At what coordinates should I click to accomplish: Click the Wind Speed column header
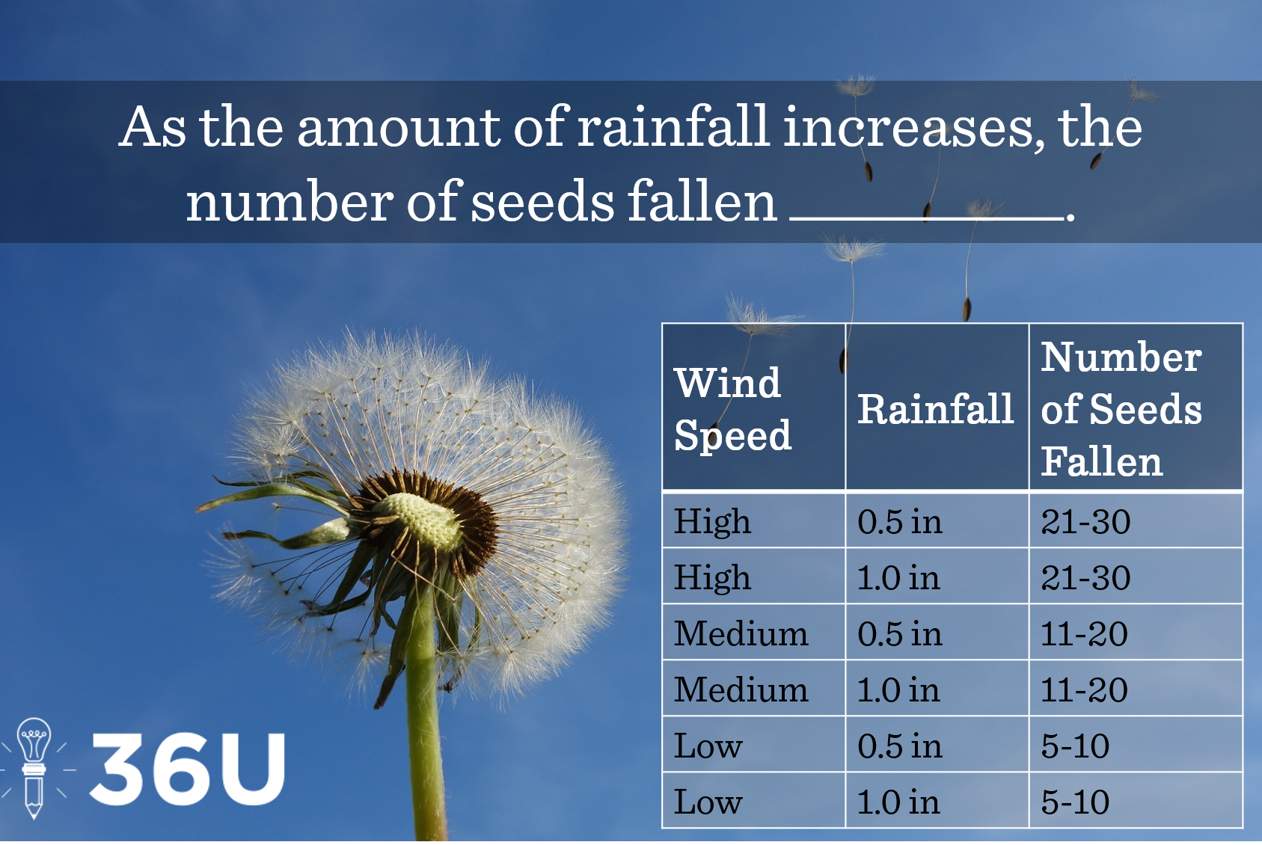click(732, 409)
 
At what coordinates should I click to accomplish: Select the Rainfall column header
click(935, 409)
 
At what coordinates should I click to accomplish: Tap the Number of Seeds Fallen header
click(1121, 409)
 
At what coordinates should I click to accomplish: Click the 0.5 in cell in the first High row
click(900, 522)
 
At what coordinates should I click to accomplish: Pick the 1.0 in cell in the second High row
click(898, 578)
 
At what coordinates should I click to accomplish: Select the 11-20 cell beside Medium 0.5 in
click(1084, 634)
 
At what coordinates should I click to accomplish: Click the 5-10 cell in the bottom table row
click(1075, 802)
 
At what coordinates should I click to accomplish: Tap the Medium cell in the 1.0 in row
click(741, 690)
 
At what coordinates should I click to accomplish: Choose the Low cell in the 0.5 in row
click(708, 746)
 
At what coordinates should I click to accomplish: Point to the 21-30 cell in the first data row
click(1085, 522)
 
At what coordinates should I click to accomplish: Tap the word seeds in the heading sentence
click(542, 202)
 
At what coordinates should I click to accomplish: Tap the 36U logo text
click(187, 769)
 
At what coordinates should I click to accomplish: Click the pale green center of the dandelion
click(420, 520)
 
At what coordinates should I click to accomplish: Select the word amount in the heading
click(399, 127)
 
